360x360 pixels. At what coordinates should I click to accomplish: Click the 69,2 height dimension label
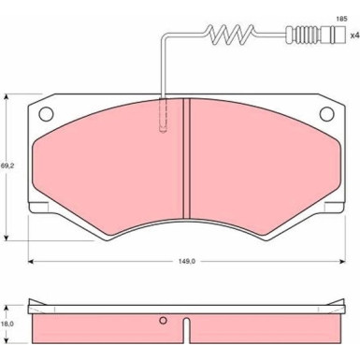[5, 166]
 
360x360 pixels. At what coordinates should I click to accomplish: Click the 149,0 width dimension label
[187, 262]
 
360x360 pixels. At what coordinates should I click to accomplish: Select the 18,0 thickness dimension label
[6, 324]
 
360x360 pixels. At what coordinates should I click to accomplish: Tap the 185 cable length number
[341, 19]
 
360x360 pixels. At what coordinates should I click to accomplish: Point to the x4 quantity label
[355, 36]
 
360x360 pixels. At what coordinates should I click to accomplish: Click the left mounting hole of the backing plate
[46, 114]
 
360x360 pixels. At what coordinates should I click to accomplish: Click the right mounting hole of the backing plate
[327, 114]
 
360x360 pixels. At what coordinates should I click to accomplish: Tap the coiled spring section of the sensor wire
[231, 34]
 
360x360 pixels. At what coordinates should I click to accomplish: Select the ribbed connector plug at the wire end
[316, 35]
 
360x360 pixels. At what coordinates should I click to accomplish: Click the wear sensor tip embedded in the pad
[163, 116]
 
